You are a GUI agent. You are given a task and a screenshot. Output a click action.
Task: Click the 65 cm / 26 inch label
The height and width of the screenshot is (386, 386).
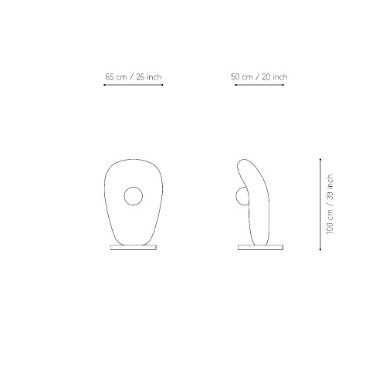(134, 77)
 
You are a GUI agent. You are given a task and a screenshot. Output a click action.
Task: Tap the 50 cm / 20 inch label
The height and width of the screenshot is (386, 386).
(259, 77)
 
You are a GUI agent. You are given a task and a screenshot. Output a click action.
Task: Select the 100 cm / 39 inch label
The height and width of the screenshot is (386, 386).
(330, 205)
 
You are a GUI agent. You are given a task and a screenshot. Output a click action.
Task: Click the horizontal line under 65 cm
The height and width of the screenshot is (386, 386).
(134, 85)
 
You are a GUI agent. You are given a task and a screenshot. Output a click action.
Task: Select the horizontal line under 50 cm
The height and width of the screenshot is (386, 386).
(259, 85)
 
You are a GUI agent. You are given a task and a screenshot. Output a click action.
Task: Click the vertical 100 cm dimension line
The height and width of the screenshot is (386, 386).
(320, 205)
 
